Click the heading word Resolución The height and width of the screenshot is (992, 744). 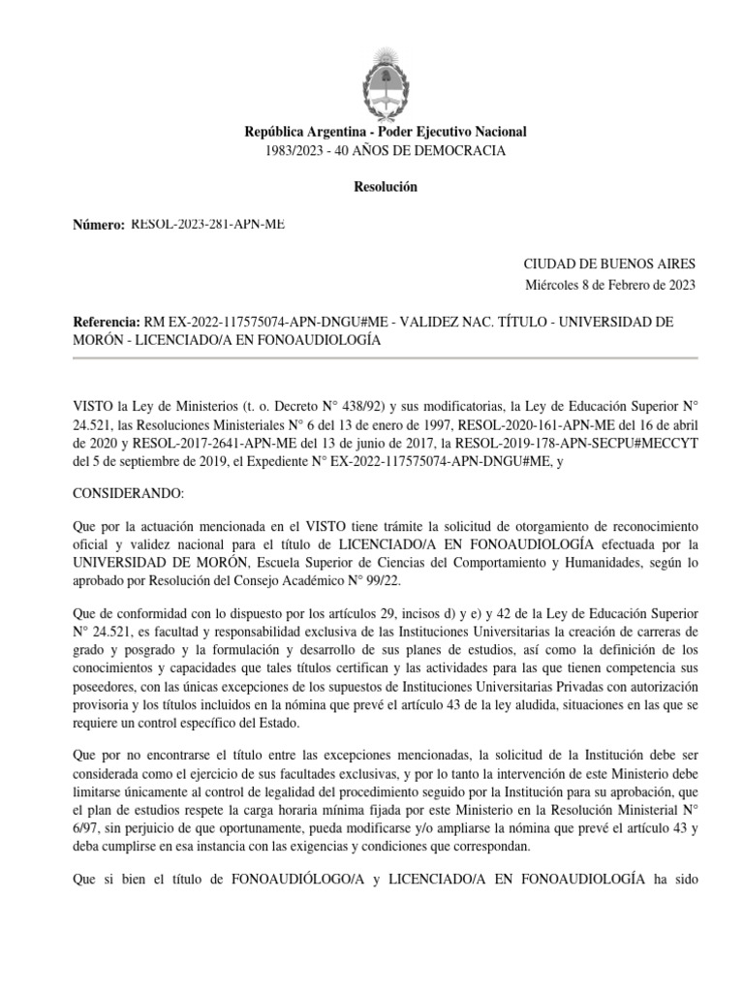pos(386,187)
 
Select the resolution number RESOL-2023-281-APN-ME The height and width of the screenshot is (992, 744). pos(207,225)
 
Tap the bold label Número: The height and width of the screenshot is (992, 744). pos(99,225)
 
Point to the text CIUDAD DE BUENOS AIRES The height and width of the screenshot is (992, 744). pos(609,263)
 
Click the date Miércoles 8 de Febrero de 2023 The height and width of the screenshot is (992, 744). pos(610,284)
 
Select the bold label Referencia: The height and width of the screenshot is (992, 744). pos(107,322)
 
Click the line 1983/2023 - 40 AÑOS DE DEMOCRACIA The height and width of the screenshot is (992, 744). pos(386,150)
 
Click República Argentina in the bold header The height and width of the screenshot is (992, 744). pos(299,132)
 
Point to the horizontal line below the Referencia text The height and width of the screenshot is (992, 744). pos(386,357)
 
